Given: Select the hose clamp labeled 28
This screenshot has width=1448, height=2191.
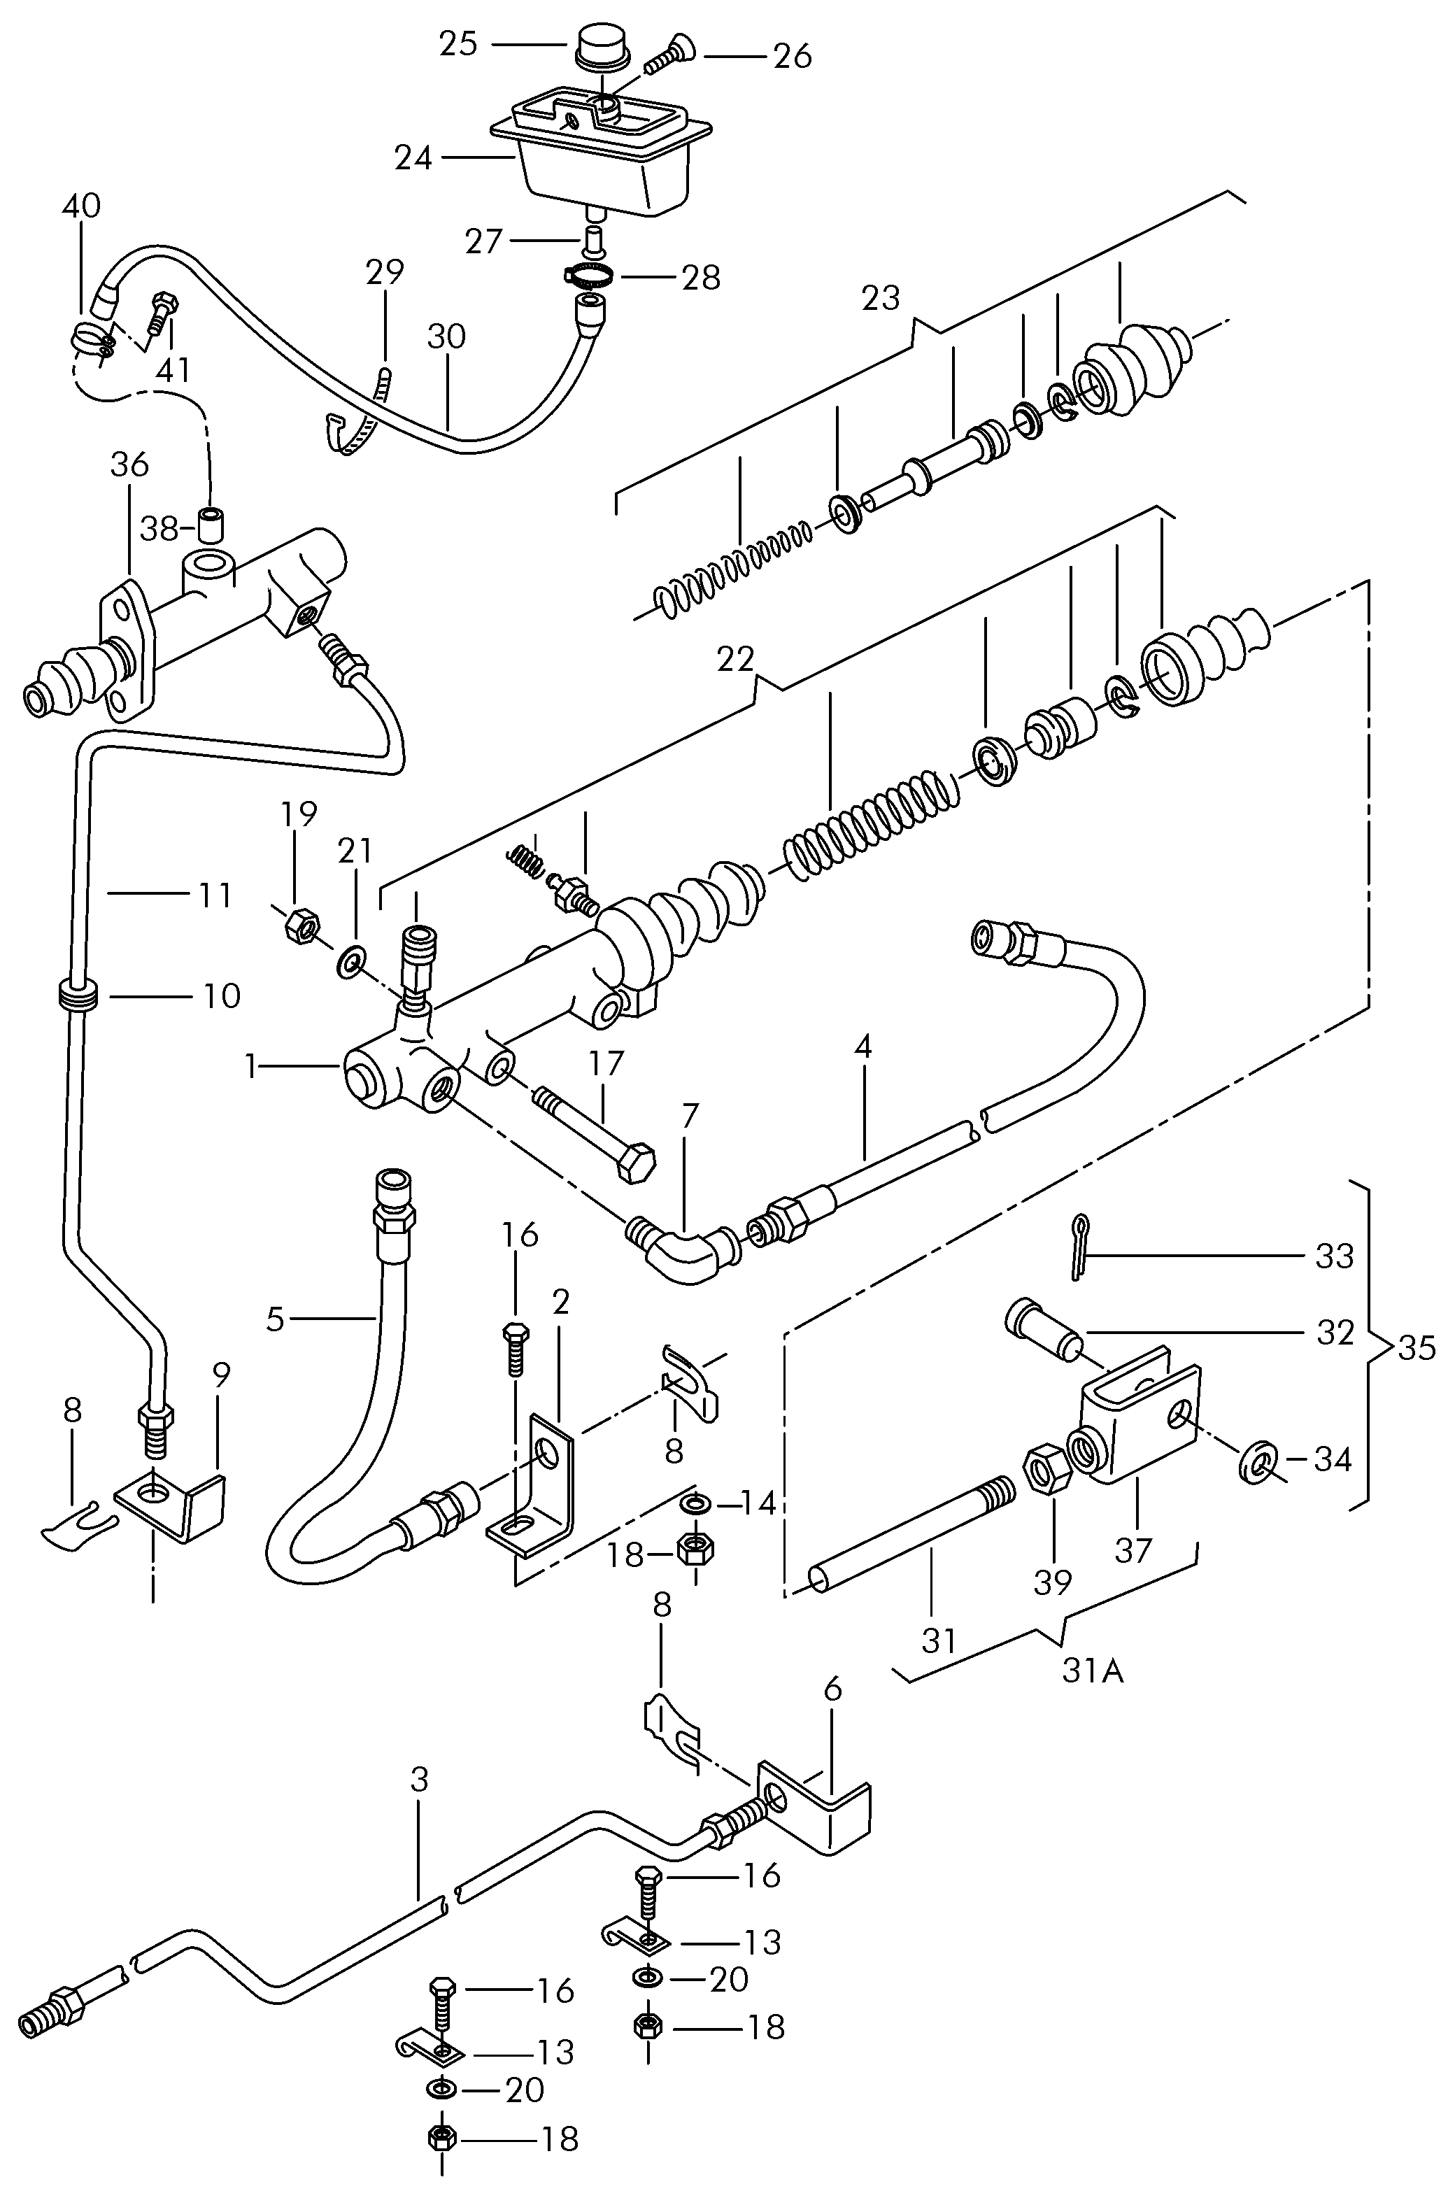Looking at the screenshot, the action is click(x=588, y=274).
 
